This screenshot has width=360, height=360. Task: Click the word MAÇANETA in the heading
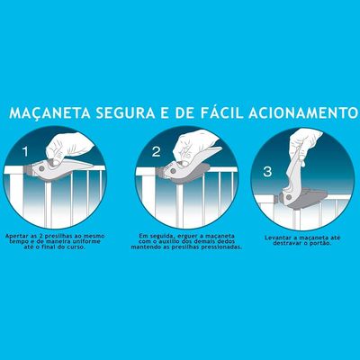49,112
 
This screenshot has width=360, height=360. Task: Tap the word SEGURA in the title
125,112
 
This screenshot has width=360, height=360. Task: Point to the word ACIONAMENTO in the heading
303,112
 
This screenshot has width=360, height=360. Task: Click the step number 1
25,152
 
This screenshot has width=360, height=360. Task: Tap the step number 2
156,152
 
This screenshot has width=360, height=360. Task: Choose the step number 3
267,172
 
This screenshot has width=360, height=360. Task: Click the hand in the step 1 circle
68,148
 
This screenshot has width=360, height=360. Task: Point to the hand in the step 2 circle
196,147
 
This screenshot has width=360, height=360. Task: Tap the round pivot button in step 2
173,171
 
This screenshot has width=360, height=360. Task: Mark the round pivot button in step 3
289,197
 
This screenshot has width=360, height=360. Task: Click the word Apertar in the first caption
16,236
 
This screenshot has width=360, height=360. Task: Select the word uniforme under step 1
88,241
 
